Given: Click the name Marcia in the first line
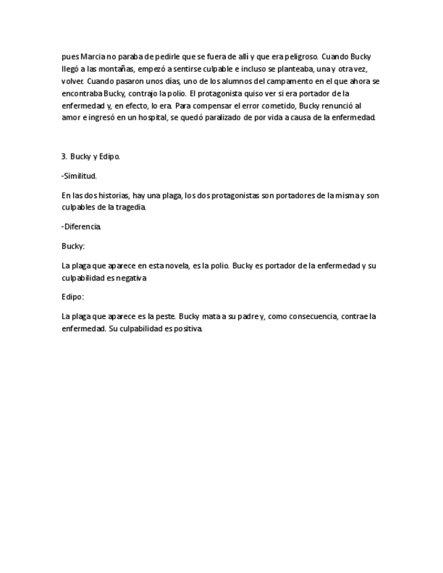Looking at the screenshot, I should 91,57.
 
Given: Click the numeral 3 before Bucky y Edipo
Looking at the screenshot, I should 64,156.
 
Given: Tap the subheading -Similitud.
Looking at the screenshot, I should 79,176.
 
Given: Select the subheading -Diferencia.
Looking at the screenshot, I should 81,226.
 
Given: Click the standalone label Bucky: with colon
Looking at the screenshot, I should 72,246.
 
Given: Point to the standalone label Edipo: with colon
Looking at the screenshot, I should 72,297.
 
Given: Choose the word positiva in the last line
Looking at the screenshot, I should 186,328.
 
